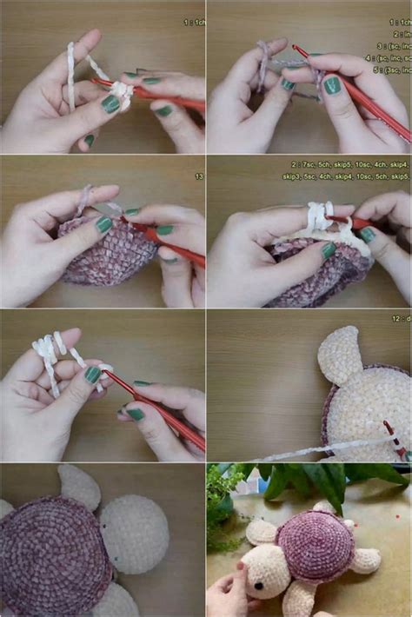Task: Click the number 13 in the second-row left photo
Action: (x=199, y=176)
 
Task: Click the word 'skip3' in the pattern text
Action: (x=295, y=176)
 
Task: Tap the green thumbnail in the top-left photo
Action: (x=110, y=104)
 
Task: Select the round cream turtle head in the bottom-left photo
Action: (x=134, y=533)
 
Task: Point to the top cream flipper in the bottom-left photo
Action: (x=79, y=488)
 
